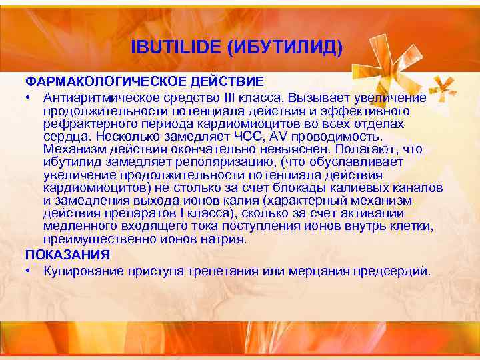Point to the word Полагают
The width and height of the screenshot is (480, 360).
click(x=365, y=149)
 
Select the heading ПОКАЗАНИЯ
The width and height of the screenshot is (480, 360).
click(x=67, y=255)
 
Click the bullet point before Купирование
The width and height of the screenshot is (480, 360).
click(x=30, y=271)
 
